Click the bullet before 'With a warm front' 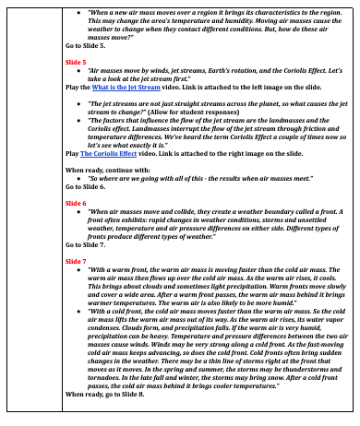click(80, 270)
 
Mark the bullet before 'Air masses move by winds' click(80, 68)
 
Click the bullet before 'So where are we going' click(80, 177)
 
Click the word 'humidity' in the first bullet click(246, 20)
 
